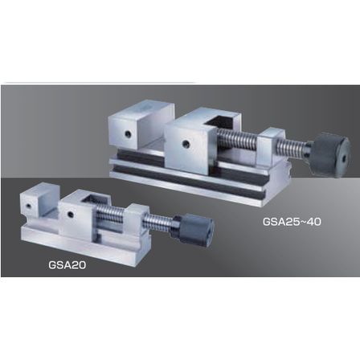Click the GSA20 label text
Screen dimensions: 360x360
(67, 265)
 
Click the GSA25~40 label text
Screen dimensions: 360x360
(292, 222)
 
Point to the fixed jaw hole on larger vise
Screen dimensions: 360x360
(128, 134)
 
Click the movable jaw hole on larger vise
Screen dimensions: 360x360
(185, 145)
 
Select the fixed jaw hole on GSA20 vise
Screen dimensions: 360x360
(28, 206)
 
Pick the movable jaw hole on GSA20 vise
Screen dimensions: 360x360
(70, 214)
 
